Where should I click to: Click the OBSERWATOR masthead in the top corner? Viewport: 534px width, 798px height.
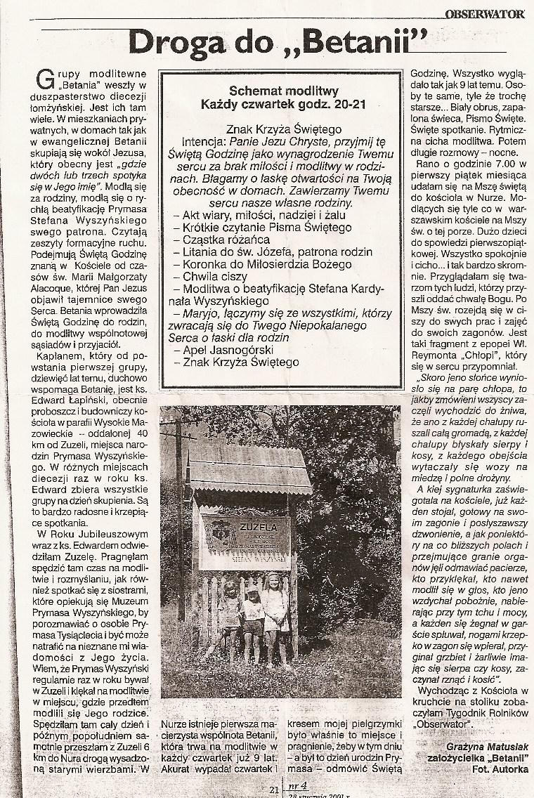point(485,13)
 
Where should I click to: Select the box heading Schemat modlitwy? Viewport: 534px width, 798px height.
point(284,91)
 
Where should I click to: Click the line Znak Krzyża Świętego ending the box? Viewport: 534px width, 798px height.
point(240,362)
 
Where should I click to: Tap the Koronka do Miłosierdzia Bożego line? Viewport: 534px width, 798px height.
point(267,265)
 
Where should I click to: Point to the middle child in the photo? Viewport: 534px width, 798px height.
point(252,618)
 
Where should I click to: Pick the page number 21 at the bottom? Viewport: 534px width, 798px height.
point(274,789)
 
